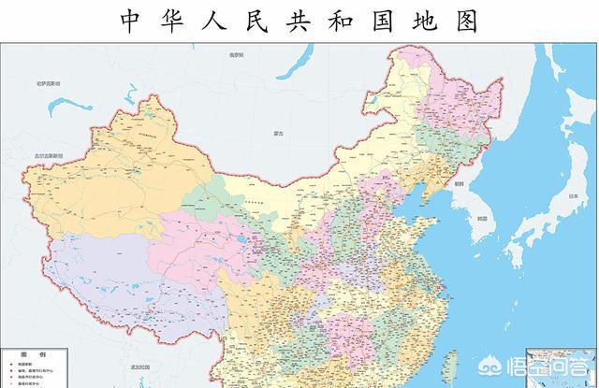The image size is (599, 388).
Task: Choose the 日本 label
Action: pyautogui.click(x=571, y=195)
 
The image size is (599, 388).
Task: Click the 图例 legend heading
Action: pyautogui.click(x=37, y=356)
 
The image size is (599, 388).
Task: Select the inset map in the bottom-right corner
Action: pyautogui.click(x=562, y=369)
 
